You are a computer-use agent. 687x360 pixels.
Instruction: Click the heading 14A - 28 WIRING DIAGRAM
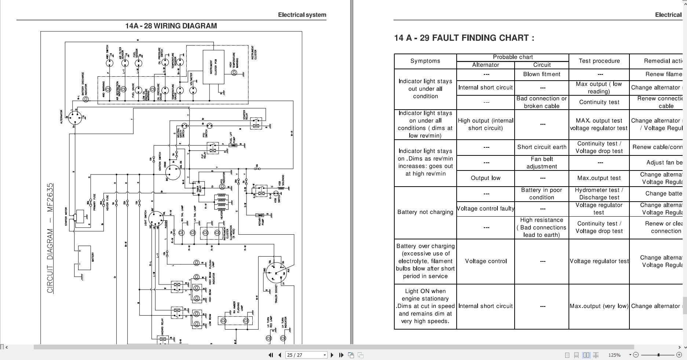click(171, 26)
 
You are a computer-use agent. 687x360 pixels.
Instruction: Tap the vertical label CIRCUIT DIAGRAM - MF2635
click(50, 238)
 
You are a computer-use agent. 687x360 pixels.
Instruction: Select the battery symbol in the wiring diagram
click(84, 258)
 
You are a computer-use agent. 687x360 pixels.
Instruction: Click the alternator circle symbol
click(75, 118)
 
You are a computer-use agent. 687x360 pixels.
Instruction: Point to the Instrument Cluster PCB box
click(213, 67)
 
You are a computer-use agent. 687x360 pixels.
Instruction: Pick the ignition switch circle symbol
click(173, 172)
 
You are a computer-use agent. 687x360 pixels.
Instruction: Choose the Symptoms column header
click(425, 61)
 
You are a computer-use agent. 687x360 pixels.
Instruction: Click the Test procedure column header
click(599, 61)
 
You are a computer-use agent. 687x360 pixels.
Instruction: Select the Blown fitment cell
click(541, 74)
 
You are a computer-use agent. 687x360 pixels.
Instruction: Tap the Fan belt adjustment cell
click(541, 163)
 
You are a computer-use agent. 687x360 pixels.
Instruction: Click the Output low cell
click(485, 178)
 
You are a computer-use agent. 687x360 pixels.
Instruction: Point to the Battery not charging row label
click(425, 212)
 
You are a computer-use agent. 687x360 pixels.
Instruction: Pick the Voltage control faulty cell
click(485, 209)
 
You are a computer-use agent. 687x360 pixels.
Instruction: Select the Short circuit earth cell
click(541, 147)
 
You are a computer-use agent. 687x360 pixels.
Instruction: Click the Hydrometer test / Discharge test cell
click(599, 194)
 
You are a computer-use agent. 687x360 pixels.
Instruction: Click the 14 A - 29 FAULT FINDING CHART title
click(464, 38)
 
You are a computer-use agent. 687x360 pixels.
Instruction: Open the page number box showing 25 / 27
click(306, 355)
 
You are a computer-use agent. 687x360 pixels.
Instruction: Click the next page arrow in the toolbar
click(332, 355)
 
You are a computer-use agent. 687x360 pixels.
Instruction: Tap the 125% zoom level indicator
click(614, 355)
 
